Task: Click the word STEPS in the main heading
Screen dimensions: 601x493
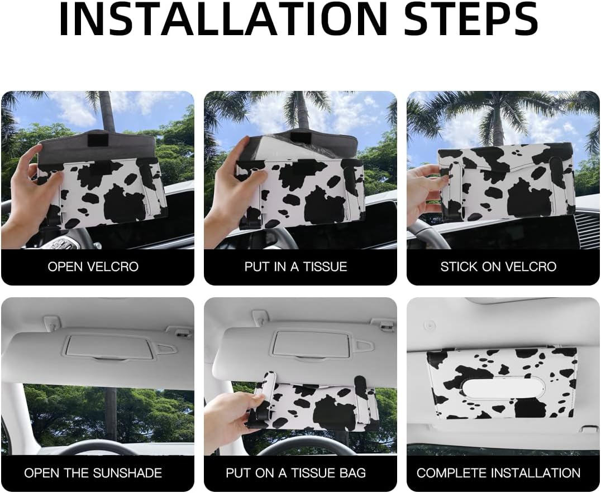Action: coord(471,19)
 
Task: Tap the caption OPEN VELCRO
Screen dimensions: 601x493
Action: coord(93,267)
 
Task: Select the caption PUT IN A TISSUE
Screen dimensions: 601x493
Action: coord(296,267)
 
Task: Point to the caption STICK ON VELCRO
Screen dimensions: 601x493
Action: coord(498,267)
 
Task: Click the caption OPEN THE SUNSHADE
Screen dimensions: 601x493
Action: coord(93,473)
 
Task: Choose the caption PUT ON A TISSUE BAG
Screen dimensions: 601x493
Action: coord(296,473)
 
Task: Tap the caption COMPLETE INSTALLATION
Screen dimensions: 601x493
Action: coord(498,473)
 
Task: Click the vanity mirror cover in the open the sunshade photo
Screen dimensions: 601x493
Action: coord(110,347)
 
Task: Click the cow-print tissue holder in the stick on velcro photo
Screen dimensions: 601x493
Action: coord(506,182)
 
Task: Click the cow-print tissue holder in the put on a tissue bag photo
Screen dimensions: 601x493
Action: coord(312,404)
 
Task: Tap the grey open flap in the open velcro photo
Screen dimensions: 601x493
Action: coord(98,147)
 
